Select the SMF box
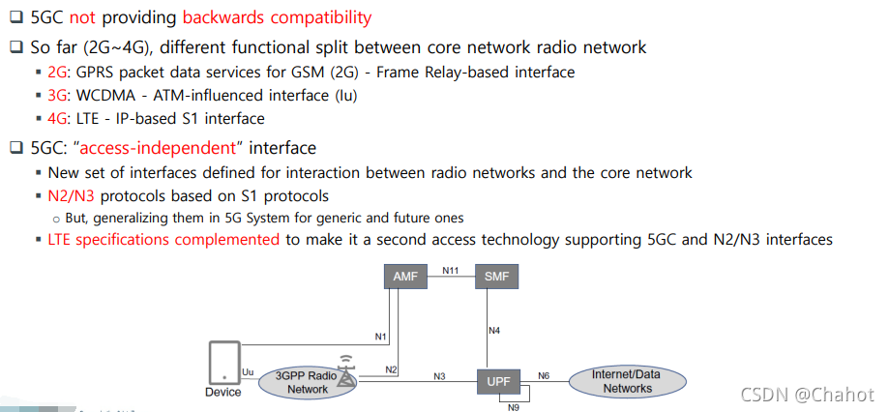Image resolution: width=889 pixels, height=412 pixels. [x=495, y=277]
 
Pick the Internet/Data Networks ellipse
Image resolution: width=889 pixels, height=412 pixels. [x=627, y=381]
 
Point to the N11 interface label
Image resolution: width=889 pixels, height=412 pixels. [x=450, y=271]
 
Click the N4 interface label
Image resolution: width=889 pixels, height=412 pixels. [x=493, y=331]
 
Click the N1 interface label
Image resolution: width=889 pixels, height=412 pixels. [x=381, y=338]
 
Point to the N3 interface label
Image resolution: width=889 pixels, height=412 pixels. [x=439, y=375]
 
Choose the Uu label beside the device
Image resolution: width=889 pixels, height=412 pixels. [x=249, y=371]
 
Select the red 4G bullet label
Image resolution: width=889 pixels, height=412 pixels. [x=58, y=119]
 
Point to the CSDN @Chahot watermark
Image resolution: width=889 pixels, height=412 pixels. [x=807, y=395]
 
